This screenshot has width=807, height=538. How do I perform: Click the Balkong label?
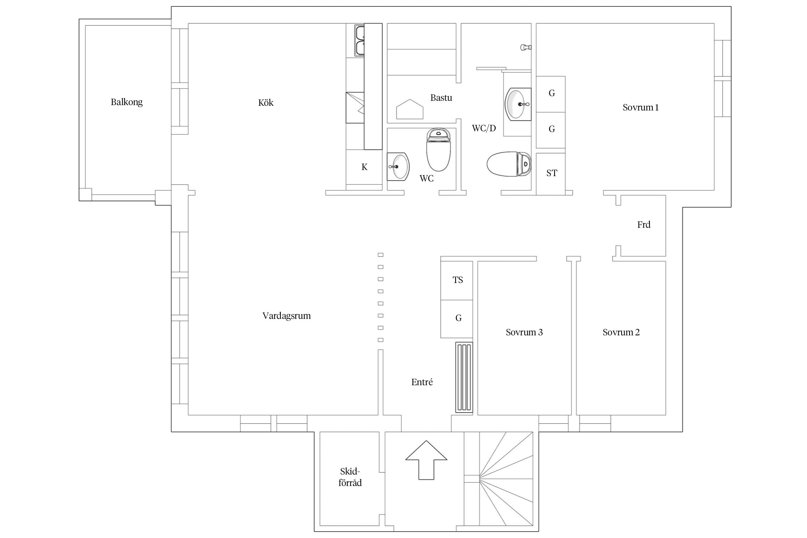pyautogui.click(x=127, y=102)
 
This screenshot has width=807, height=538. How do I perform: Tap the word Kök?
pyautogui.click(x=266, y=103)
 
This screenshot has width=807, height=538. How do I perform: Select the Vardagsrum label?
pyautogui.click(x=287, y=316)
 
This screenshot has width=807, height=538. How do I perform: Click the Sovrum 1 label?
pyautogui.click(x=641, y=108)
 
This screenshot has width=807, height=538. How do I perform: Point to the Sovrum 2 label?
pyautogui.click(x=621, y=332)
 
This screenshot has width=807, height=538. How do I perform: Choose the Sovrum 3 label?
pyautogui.click(x=524, y=332)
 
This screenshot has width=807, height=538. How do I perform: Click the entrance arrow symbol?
pyautogui.click(x=426, y=460)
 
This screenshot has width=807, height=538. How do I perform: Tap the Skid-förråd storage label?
pyautogui.click(x=350, y=477)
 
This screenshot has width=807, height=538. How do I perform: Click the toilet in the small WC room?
pyautogui.click(x=438, y=150)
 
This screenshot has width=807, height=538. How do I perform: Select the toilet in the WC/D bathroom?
pyautogui.click(x=509, y=164)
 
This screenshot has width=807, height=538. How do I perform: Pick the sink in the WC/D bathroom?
pyautogui.click(x=518, y=104)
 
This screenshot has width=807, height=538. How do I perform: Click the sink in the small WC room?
pyautogui.click(x=398, y=166)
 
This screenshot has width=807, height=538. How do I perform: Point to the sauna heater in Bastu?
pyautogui.click(x=410, y=109)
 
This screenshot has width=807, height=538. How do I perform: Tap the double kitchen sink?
pyautogui.click(x=359, y=41)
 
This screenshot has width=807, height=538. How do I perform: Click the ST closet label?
pyautogui.click(x=552, y=173)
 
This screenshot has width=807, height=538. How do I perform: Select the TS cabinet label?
pyautogui.click(x=458, y=280)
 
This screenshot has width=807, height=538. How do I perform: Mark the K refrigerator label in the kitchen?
pyautogui.click(x=364, y=167)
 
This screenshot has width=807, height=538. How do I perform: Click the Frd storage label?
pyautogui.click(x=644, y=225)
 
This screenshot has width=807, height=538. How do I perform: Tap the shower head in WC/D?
pyautogui.click(x=526, y=47)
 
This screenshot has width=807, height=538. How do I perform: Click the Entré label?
pyautogui.click(x=422, y=382)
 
